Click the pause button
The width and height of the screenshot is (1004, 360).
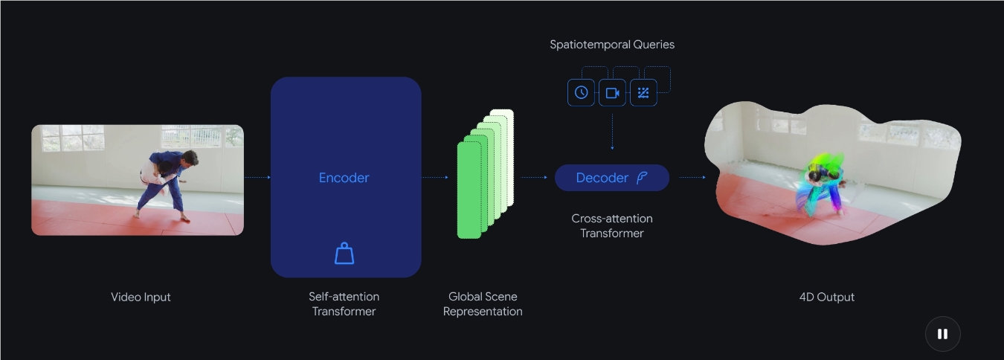pos(942,334)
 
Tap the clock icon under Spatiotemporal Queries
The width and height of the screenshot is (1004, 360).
pos(581,93)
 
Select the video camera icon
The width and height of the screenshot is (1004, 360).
pos(612,93)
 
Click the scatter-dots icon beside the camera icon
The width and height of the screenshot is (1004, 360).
pos(643,93)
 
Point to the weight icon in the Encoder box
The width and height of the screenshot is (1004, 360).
pos(344,254)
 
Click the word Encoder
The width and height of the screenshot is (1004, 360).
pos(344,178)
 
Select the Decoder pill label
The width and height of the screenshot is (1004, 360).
pos(611,178)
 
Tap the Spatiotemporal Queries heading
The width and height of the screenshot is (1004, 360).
pos(612,45)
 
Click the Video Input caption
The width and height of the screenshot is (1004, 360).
pos(141,297)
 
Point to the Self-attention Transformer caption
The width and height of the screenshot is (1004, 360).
pos(344,303)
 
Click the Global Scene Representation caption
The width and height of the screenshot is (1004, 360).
pos(483,303)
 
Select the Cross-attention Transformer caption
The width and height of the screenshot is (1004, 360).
pos(612,225)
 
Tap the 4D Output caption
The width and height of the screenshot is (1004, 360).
pos(826,297)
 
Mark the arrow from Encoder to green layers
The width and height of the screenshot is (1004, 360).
pos(435,178)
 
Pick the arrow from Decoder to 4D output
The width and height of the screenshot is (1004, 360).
pos(692,178)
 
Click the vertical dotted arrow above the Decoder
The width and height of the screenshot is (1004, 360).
pos(612,130)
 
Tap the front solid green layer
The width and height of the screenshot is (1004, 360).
pos(469,190)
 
